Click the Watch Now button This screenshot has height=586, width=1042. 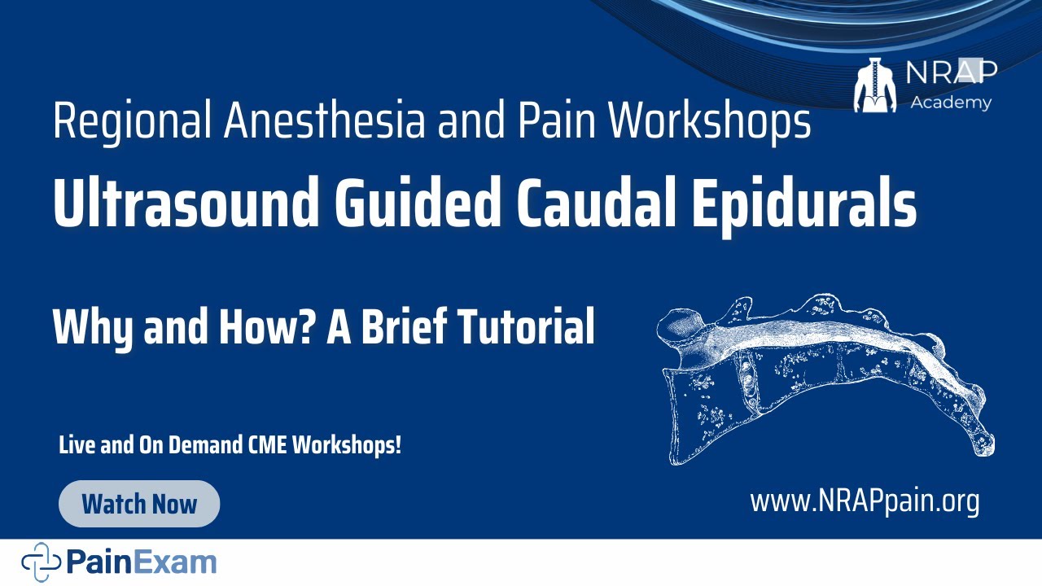[139, 504]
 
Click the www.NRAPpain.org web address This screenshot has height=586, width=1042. [864, 501]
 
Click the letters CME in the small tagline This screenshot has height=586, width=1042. [267, 446]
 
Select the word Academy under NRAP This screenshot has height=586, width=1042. [951, 103]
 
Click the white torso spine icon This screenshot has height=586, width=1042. [874, 85]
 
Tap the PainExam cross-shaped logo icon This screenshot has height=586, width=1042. [41, 562]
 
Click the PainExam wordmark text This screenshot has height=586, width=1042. [142, 562]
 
